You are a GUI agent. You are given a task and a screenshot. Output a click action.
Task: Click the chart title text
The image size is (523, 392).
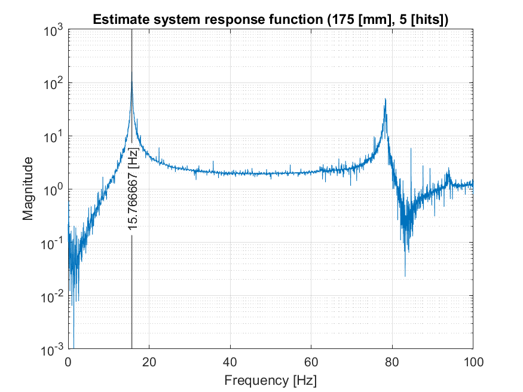click(271, 20)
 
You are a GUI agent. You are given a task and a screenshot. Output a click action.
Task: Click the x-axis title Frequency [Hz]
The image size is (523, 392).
click(271, 380)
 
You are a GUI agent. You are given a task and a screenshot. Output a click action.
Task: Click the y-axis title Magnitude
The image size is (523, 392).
click(28, 189)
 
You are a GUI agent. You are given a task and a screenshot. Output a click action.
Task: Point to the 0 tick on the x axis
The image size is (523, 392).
click(68, 361)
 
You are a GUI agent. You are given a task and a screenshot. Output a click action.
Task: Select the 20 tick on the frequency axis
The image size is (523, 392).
click(149, 361)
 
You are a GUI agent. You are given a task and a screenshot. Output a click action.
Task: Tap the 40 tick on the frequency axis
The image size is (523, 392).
click(230, 361)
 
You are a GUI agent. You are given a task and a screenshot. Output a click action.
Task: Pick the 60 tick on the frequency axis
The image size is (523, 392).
click(311, 361)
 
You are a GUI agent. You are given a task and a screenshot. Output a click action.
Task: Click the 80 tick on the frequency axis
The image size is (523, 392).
click(392, 361)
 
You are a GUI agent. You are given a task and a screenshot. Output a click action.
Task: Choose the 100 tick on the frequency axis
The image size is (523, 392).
click(473, 361)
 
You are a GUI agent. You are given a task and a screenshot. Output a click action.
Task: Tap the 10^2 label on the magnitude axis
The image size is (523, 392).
click(54, 84)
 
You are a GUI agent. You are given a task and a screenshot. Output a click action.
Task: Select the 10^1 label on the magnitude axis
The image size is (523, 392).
click(54, 137)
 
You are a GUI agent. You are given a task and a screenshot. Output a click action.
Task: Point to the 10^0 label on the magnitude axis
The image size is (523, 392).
click(54, 190)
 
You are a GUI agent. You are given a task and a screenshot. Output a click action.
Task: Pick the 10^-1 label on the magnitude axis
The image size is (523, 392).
click(53, 243)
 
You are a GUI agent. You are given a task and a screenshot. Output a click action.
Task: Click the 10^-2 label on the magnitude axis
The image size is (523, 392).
click(53, 296)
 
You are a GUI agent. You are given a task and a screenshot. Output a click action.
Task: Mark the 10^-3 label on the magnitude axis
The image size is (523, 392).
click(53, 349)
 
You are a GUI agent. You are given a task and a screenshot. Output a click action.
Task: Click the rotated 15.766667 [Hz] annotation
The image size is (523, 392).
click(133, 188)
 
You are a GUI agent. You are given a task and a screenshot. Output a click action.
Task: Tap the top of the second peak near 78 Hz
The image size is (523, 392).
click(386, 99)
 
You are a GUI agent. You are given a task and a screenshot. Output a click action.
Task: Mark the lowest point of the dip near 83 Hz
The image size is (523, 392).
click(405, 276)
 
